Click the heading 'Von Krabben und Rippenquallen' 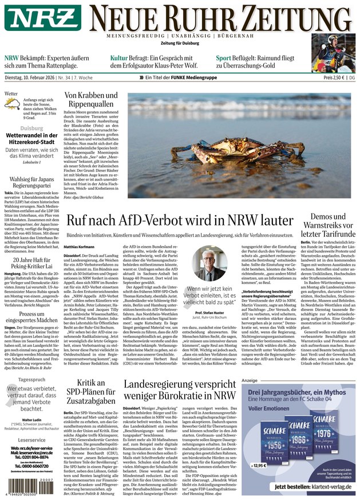point(91,101)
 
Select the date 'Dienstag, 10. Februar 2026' point(35,77)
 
